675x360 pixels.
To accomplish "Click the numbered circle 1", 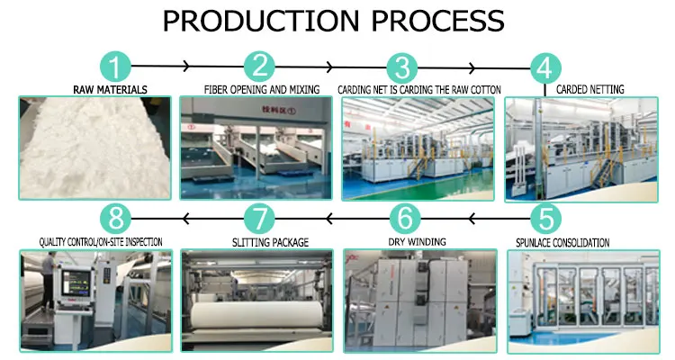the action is click(114, 66).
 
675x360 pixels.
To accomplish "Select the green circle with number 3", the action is click(401, 67).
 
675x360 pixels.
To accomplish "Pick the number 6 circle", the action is click(405, 218).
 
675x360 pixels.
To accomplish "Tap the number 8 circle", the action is click(113, 218).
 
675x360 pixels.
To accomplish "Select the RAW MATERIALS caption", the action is click(110, 89).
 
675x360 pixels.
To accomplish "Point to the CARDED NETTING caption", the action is click(589, 89).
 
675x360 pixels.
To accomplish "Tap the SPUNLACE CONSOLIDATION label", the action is click(562, 242).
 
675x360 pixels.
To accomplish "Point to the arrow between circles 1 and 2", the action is click(186, 66).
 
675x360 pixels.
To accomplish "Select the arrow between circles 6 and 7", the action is click(329, 217).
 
